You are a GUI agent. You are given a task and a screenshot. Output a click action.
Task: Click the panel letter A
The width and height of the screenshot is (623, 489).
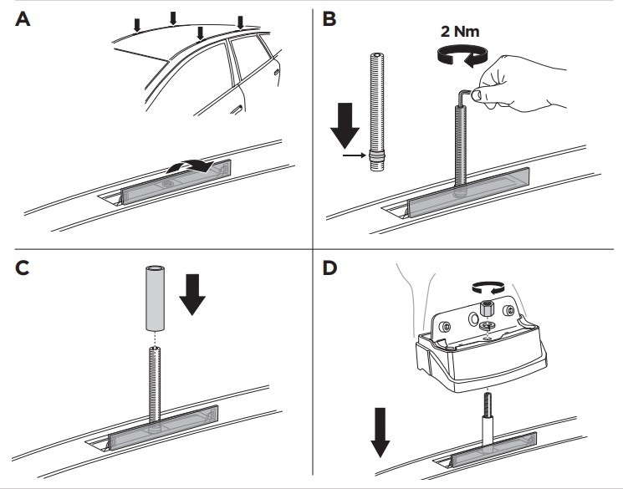(x=23, y=20)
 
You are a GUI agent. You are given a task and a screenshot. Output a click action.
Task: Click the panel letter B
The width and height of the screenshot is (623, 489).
(x=329, y=20)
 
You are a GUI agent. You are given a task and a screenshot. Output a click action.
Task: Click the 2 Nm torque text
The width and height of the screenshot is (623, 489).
(x=461, y=33)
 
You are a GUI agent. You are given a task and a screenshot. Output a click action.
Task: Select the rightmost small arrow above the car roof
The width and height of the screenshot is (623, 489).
(x=240, y=20)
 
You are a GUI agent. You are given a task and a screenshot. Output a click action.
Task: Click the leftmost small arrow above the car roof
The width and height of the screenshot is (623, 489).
(x=138, y=25)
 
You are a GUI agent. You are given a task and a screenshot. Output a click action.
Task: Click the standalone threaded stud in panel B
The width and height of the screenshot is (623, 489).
(x=375, y=109)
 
